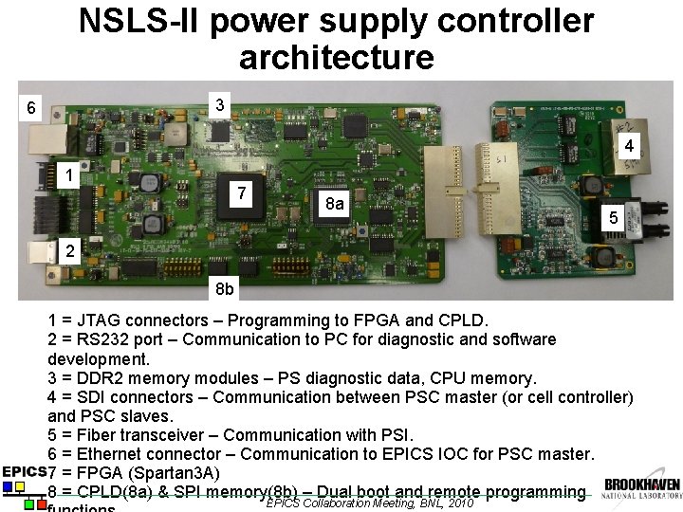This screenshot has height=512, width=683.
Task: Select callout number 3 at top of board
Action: pyautogui.click(x=220, y=103)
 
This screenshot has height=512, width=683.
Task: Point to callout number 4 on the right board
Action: pyautogui.click(x=628, y=145)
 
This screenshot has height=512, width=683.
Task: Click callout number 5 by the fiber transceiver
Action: pyautogui.click(x=614, y=218)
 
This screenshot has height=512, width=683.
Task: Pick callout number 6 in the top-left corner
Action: pyautogui.click(x=30, y=107)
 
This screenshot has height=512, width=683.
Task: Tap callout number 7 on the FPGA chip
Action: pyautogui.click(x=243, y=193)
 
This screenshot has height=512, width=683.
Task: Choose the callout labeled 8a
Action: pyautogui.click(x=334, y=204)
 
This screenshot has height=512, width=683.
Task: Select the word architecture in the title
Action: pyautogui.click(x=336, y=58)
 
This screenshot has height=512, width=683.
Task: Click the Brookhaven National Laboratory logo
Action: pyautogui.click(x=641, y=487)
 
